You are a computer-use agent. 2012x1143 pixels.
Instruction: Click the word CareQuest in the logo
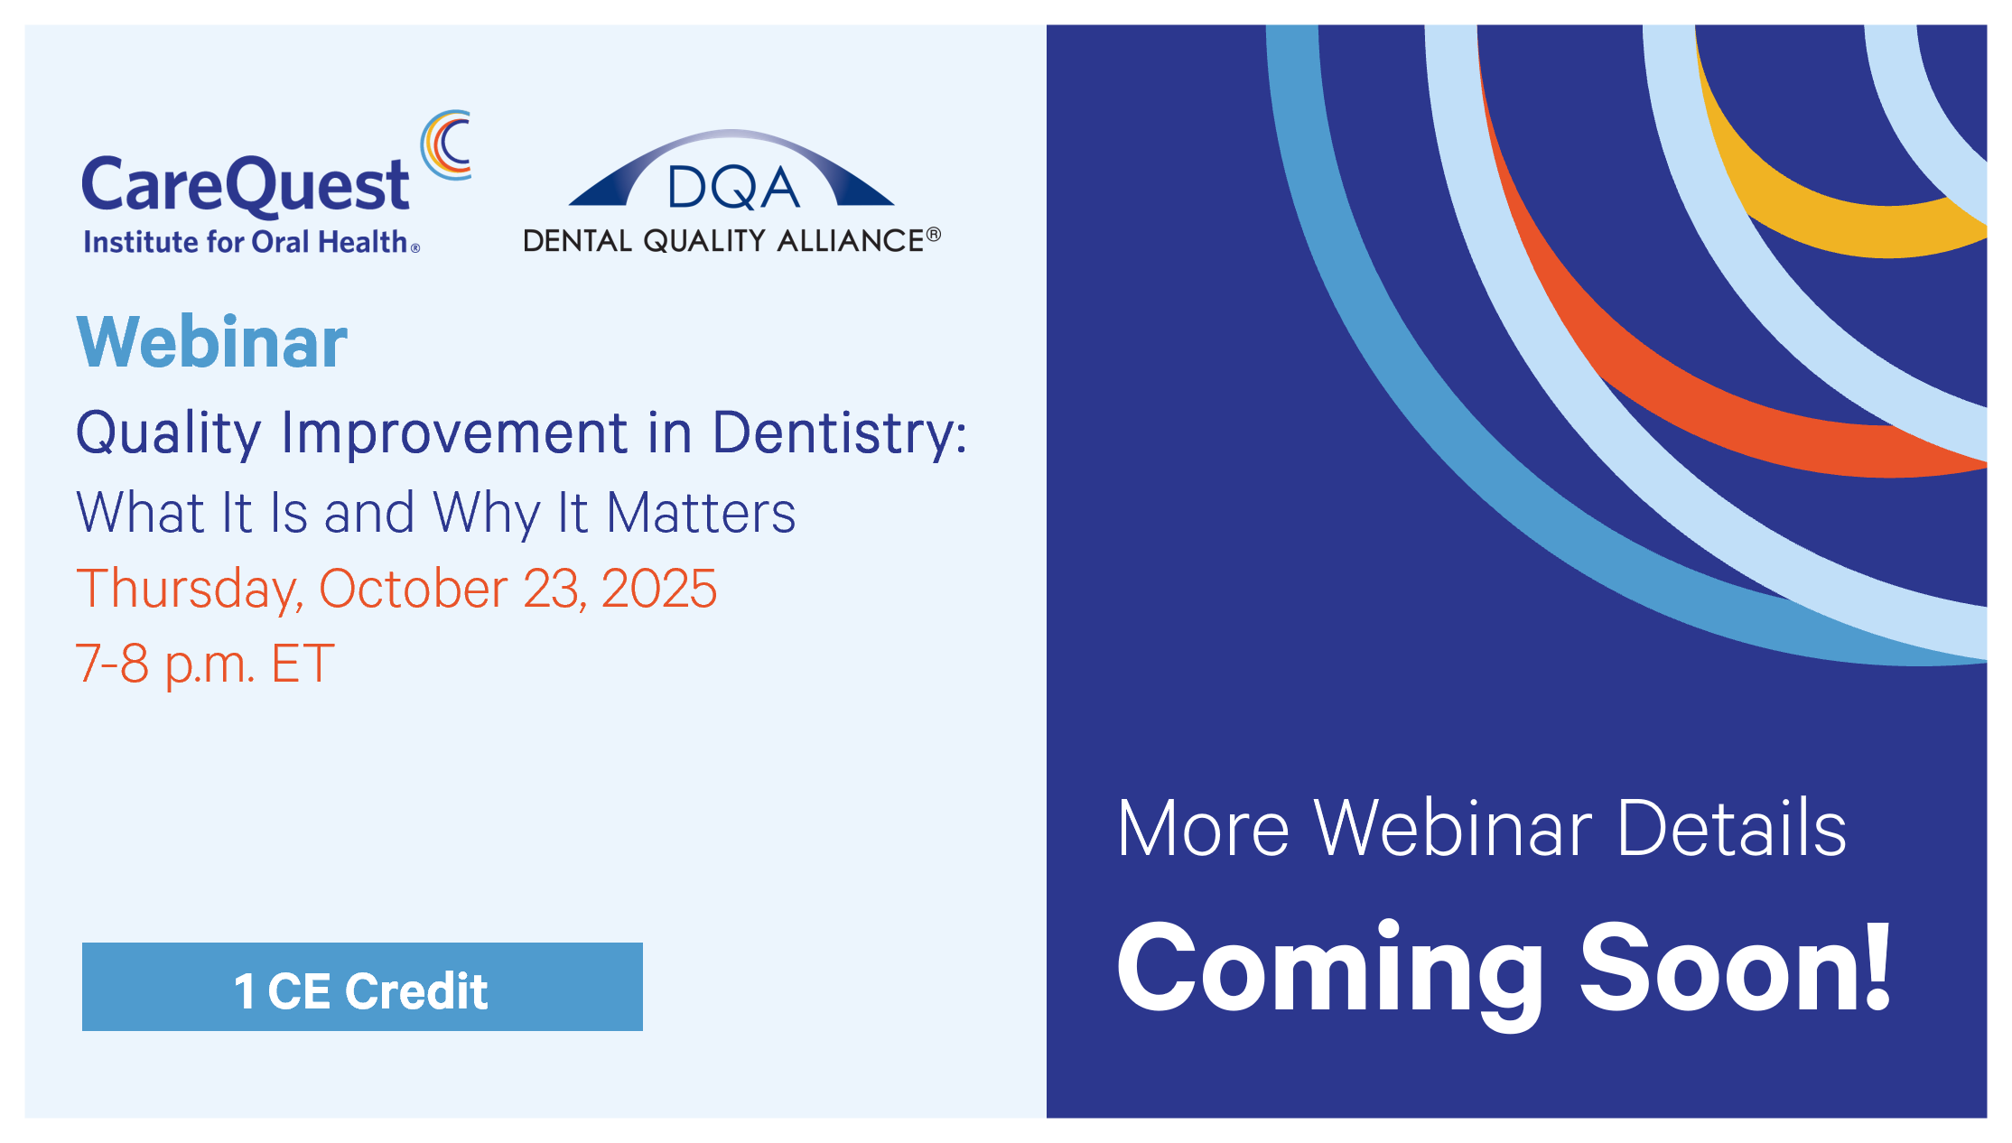pyautogui.click(x=245, y=185)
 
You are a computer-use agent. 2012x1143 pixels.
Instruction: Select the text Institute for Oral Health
pyautogui.click(x=246, y=242)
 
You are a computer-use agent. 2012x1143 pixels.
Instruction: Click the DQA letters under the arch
pyautogui.click(x=733, y=188)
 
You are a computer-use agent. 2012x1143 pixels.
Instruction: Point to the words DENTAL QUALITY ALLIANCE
pyautogui.click(x=723, y=240)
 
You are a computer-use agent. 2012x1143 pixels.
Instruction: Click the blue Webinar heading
pyautogui.click(x=212, y=342)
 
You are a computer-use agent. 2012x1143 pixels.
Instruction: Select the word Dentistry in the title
pyautogui.click(x=839, y=432)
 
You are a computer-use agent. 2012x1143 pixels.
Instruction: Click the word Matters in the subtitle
pyautogui.click(x=701, y=513)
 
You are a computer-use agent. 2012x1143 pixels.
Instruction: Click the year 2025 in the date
pyautogui.click(x=659, y=589)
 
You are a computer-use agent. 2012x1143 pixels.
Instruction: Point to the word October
pyautogui.click(x=413, y=589)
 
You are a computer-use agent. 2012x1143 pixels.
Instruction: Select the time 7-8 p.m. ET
pyautogui.click(x=205, y=664)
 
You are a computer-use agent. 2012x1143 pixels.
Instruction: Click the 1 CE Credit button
pyautogui.click(x=362, y=987)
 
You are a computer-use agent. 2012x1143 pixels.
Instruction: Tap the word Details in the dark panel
pyautogui.click(x=1731, y=828)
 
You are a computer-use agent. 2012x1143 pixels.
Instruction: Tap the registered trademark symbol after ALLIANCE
pyautogui.click(x=934, y=235)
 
